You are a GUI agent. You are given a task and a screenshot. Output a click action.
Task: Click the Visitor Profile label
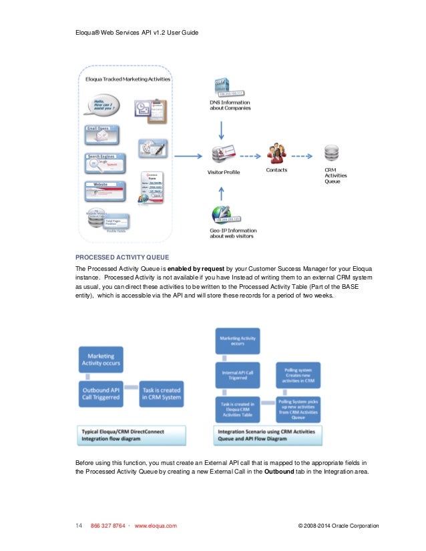[x=224, y=172]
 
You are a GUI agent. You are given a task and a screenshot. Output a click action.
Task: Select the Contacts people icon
[x=276, y=154]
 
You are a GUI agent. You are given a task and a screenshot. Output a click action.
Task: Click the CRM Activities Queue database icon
[x=331, y=154]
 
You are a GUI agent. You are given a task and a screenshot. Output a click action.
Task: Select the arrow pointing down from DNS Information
[x=223, y=126]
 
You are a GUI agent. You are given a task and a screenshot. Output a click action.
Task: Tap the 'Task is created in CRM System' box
[x=161, y=393]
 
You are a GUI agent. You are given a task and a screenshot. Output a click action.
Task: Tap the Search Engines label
[x=102, y=155]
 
